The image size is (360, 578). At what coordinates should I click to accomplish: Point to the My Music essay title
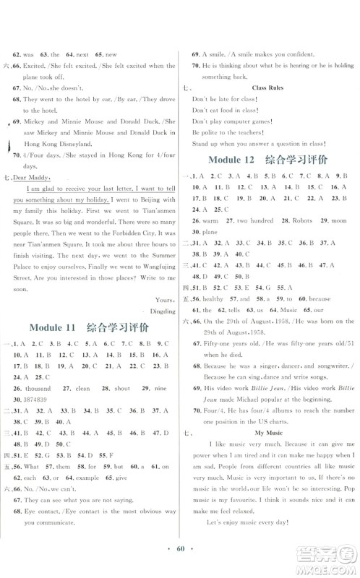coord(268,431)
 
